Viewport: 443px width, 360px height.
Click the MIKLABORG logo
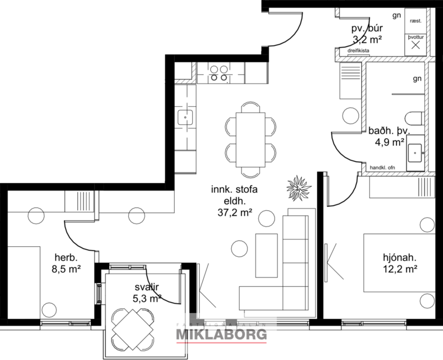click(221, 334)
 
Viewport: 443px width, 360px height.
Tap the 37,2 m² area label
click(234, 213)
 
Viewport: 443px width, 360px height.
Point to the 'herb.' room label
click(66, 257)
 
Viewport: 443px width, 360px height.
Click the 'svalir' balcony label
click(147, 287)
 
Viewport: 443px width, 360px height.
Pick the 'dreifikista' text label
click(358, 51)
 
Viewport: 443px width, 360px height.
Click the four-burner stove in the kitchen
click(219, 72)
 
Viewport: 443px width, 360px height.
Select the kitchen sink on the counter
click(186, 117)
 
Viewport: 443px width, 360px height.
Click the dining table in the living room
click(250, 139)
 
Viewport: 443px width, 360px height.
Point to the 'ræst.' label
click(415, 20)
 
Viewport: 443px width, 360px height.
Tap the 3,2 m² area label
click(367, 39)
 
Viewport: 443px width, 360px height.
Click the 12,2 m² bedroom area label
click(401, 268)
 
